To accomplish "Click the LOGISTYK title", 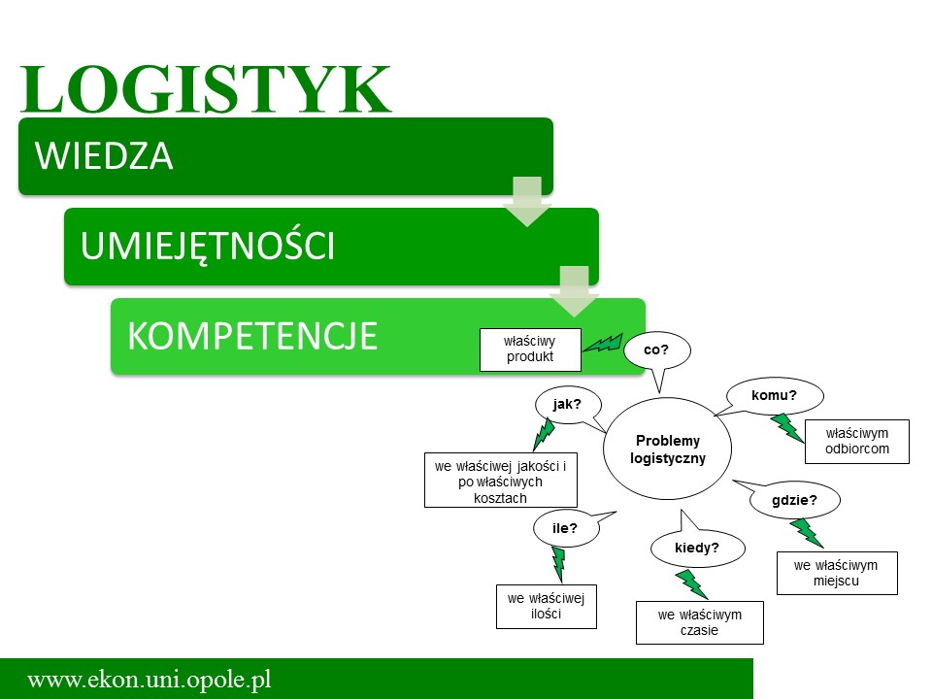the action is (206, 89).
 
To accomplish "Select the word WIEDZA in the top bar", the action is (104, 155).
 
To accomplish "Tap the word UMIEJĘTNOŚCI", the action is (208, 246).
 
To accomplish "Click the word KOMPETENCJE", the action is (252, 336).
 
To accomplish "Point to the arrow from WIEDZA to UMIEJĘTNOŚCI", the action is (527, 201).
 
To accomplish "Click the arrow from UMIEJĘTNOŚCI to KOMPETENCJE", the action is (574, 291).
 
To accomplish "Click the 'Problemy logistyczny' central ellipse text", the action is (668, 449).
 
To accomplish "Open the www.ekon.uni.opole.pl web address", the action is (150, 679).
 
